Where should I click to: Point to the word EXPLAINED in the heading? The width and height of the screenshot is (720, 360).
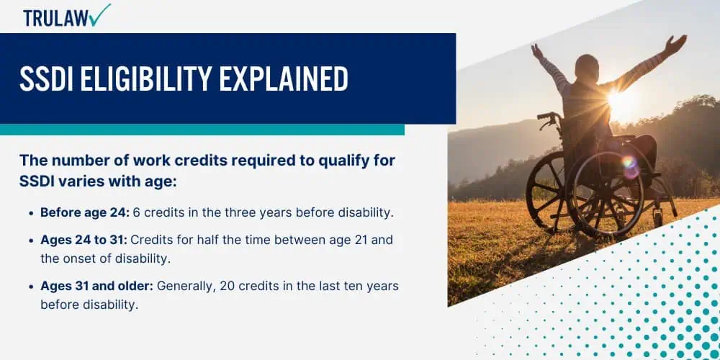point(284,78)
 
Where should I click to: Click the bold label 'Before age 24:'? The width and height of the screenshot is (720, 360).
point(85,213)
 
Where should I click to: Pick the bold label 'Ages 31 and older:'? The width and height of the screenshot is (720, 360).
point(97,287)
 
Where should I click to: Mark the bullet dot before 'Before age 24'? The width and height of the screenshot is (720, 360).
point(31,214)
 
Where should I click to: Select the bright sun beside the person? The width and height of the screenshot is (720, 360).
point(616,98)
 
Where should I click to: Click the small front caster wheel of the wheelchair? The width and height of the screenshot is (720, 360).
point(658,217)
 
